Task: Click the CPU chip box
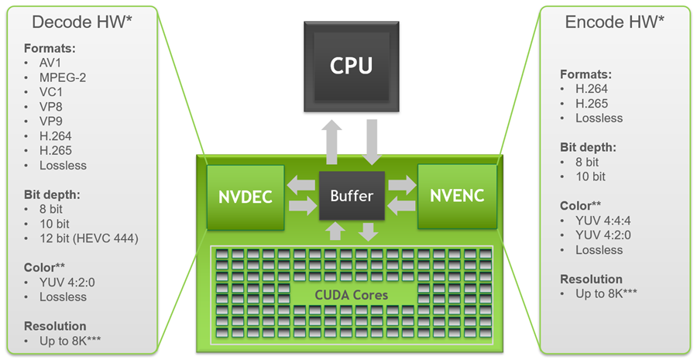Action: pos(352,66)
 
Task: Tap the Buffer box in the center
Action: pos(352,195)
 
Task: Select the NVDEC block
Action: pos(239,196)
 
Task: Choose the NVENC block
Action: pos(457,196)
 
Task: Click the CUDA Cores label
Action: pos(352,295)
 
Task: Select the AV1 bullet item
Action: pos(51,63)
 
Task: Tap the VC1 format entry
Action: pos(51,92)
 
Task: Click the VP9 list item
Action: pos(51,122)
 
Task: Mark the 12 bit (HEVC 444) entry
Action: pos(88,238)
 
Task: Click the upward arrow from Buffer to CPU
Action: pos(332,142)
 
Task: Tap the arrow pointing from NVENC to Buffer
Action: pos(400,206)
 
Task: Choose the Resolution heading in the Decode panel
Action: pos(55,326)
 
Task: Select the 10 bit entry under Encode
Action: pos(590,177)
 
